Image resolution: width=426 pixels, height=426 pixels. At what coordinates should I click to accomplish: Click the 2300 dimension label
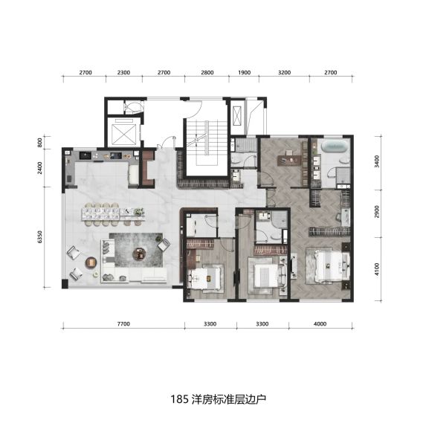point(123,73)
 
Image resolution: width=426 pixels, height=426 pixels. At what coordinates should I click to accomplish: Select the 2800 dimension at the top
point(207,73)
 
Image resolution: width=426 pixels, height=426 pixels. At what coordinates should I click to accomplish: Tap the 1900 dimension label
point(245,73)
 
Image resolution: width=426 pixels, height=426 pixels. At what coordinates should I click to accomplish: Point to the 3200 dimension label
point(285,73)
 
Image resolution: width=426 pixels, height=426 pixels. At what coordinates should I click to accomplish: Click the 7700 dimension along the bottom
point(123,324)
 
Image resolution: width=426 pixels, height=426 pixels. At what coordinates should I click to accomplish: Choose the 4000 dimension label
point(320,324)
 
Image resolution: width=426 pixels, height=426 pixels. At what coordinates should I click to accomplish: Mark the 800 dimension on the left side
point(40,143)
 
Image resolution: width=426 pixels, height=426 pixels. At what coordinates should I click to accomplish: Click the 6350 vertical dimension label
point(40,237)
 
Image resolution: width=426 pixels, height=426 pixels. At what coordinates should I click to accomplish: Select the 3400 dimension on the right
point(376,161)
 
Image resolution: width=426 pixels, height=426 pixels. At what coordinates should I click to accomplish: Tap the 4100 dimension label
point(376,269)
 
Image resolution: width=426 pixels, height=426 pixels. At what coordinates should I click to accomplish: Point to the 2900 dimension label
point(376,212)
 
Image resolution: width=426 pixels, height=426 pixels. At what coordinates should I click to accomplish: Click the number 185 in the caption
point(180,399)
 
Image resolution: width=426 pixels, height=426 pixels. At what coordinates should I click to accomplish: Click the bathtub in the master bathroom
point(335,146)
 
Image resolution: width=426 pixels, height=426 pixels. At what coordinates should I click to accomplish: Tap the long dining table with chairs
point(113,214)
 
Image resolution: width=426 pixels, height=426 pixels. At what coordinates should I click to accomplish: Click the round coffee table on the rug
point(139,254)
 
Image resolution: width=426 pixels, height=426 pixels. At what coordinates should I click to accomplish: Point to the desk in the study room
point(289,161)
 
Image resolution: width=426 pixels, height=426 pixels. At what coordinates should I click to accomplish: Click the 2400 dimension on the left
point(40,168)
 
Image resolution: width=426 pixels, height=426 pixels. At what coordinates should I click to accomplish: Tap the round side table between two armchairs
point(91,262)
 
